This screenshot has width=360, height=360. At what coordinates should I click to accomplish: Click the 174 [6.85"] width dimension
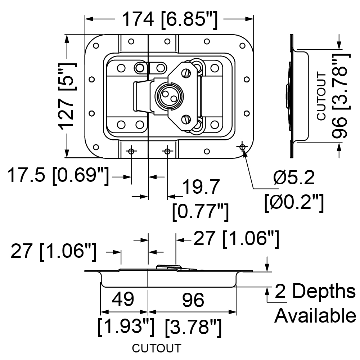tap(170, 20)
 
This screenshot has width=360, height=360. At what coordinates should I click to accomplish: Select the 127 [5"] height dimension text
tap(67, 96)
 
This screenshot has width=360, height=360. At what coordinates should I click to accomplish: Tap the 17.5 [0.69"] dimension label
tap(58, 176)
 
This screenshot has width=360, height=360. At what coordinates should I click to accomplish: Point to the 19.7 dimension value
tap(201, 187)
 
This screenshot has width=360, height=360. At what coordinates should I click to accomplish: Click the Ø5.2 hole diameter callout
tap(294, 178)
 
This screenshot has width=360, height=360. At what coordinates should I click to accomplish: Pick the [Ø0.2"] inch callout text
tap(294, 203)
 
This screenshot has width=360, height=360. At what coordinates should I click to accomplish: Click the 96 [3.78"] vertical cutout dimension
tap(341, 96)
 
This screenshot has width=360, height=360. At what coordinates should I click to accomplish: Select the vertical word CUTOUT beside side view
tap(321, 96)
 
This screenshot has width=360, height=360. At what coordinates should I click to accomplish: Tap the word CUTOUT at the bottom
tap(157, 348)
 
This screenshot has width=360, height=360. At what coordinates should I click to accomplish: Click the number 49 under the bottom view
tap(123, 299)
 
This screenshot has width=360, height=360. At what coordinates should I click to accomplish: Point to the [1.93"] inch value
tap(126, 327)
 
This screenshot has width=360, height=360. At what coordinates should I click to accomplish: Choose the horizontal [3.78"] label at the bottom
tap(193, 327)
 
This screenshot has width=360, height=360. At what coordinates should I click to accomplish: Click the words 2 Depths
tap(315, 291)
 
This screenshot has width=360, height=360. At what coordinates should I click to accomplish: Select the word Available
tap(315, 316)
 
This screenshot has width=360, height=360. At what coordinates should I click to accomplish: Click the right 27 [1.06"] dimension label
tap(237, 239)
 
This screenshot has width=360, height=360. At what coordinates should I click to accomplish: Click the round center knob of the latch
tap(169, 96)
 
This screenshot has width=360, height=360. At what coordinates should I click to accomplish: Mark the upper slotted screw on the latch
tap(186, 73)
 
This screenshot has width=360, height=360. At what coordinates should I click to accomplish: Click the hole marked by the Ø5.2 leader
tap(242, 147)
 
